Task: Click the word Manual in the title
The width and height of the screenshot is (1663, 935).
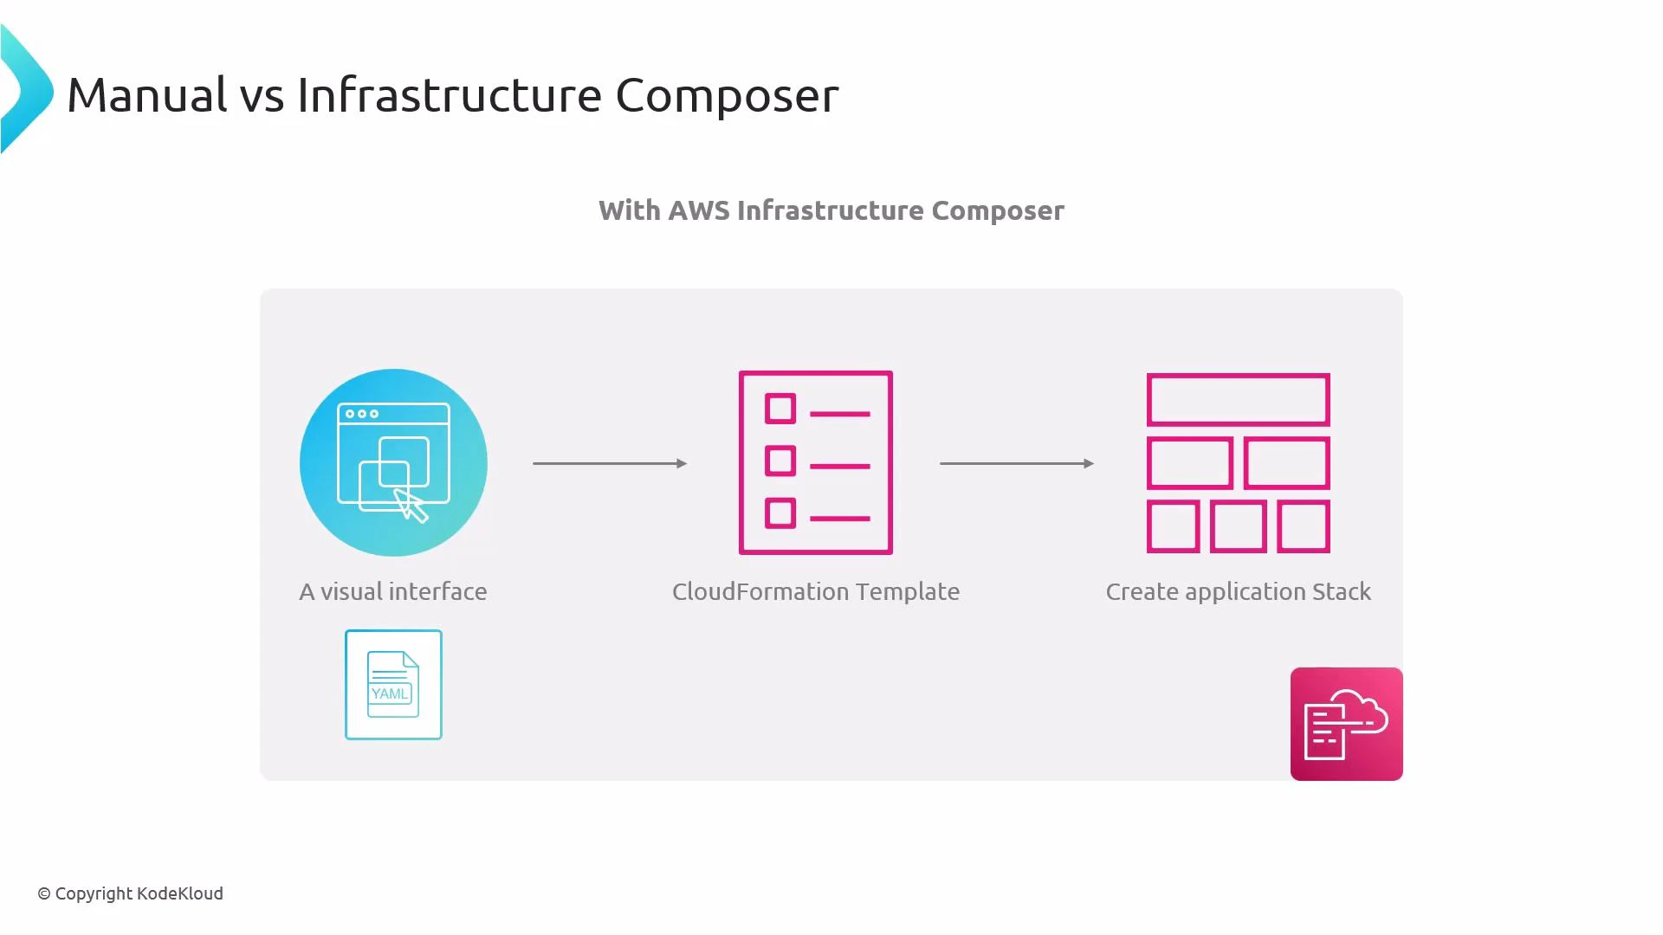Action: click(x=147, y=94)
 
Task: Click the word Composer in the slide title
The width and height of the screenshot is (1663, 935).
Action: click(x=727, y=94)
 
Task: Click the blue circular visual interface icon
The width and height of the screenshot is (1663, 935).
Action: click(x=393, y=462)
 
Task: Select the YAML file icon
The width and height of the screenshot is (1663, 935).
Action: click(x=393, y=685)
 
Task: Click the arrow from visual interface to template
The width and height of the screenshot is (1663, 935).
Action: click(x=610, y=463)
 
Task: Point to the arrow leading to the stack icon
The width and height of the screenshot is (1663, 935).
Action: click(x=1017, y=463)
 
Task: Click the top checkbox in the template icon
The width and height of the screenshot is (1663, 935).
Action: click(x=780, y=409)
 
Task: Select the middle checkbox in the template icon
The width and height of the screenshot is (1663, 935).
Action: click(x=780, y=461)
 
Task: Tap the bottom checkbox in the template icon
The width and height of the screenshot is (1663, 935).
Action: click(x=780, y=513)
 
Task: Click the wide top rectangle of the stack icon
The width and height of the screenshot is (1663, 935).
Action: click(x=1238, y=400)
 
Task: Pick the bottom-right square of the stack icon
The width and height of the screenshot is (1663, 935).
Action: click(x=1304, y=526)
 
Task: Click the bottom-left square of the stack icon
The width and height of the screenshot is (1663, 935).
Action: click(x=1173, y=526)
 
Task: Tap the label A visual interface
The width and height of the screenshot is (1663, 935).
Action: click(x=393, y=591)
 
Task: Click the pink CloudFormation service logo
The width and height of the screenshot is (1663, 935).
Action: click(x=1346, y=724)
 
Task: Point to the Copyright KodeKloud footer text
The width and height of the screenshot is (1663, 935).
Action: click(x=130, y=893)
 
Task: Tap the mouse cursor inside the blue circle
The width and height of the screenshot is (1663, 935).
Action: click(x=412, y=506)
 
